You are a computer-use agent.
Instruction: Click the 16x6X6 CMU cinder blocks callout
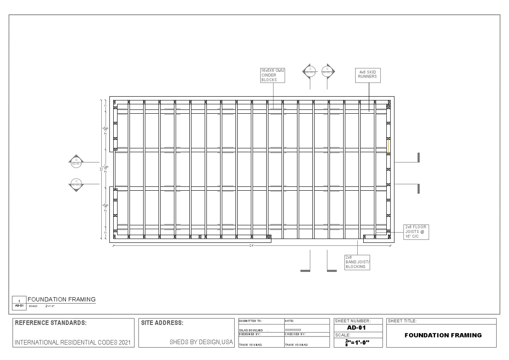click(x=273, y=75)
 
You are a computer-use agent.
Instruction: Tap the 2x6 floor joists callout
click(x=416, y=231)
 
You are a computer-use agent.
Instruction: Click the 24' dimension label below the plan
click(x=252, y=245)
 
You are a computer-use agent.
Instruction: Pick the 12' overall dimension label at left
click(x=102, y=169)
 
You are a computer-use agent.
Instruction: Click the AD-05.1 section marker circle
click(x=76, y=161)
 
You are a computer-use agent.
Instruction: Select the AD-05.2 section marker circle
click(x=76, y=183)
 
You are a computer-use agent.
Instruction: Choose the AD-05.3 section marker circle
click(x=327, y=70)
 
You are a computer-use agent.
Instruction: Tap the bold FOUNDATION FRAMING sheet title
click(x=443, y=335)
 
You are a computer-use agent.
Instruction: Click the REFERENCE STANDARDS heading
click(x=51, y=323)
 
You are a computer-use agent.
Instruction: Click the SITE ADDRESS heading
click(x=162, y=323)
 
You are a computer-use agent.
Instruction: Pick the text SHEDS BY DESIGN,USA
click(x=201, y=342)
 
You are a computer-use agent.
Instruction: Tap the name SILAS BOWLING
click(x=251, y=330)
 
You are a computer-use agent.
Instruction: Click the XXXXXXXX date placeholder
click(x=293, y=330)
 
